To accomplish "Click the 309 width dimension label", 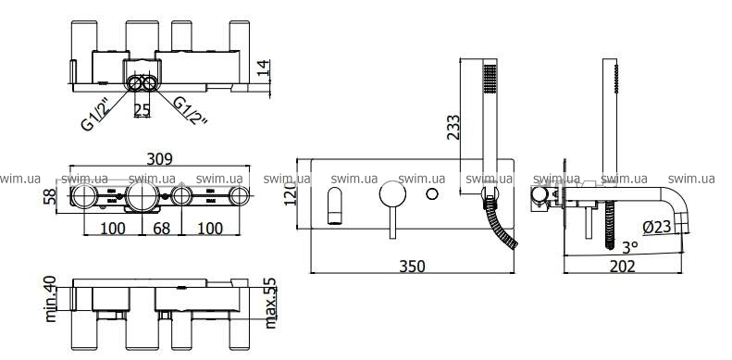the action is click(x=160, y=159).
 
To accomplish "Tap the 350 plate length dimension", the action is click(x=413, y=267).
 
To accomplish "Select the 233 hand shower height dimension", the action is click(x=453, y=127).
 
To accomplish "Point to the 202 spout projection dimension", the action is click(x=623, y=267).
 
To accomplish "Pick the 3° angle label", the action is click(x=630, y=245).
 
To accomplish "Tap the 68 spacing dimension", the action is click(x=162, y=229).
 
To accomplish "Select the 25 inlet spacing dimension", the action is click(x=142, y=110).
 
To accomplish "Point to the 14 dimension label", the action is click(x=264, y=68).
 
